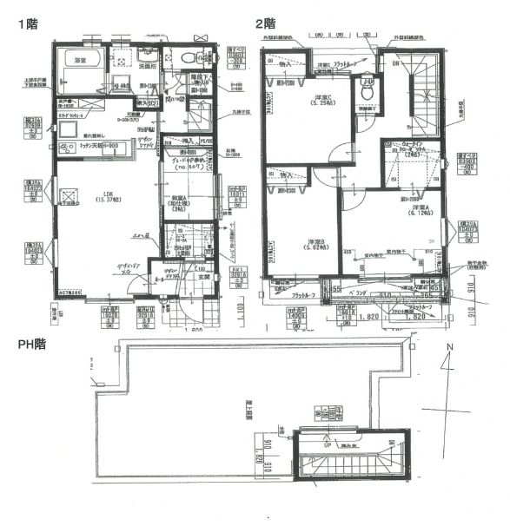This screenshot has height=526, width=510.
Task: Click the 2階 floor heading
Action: [x=265, y=23]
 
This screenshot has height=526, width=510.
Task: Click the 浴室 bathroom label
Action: [x=81, y=61]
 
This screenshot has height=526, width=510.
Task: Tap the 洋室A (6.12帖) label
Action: [x=422, y=212]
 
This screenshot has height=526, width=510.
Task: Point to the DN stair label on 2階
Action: [x=397, y=63]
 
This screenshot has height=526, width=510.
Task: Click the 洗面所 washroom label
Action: [x=147, y=66]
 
